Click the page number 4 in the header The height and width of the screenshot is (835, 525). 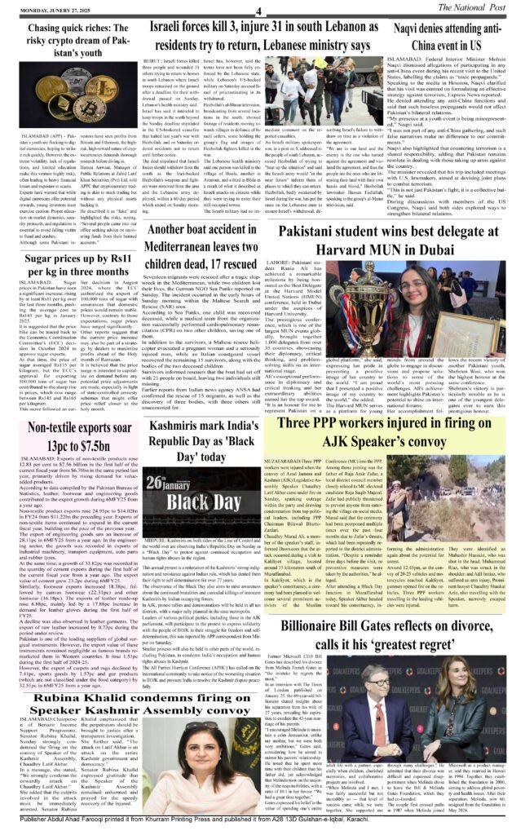point(257,11)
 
